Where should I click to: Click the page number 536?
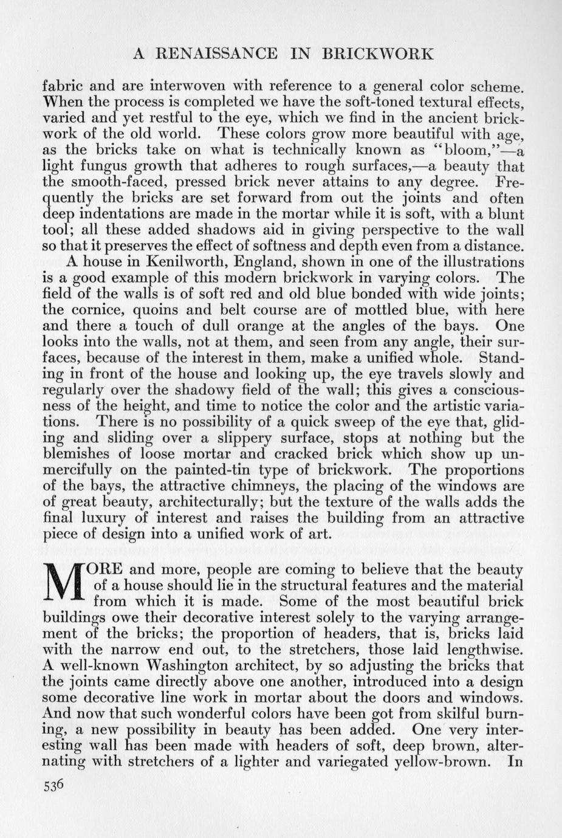(x=53, y=785)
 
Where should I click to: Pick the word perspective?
(x=371, y=230)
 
